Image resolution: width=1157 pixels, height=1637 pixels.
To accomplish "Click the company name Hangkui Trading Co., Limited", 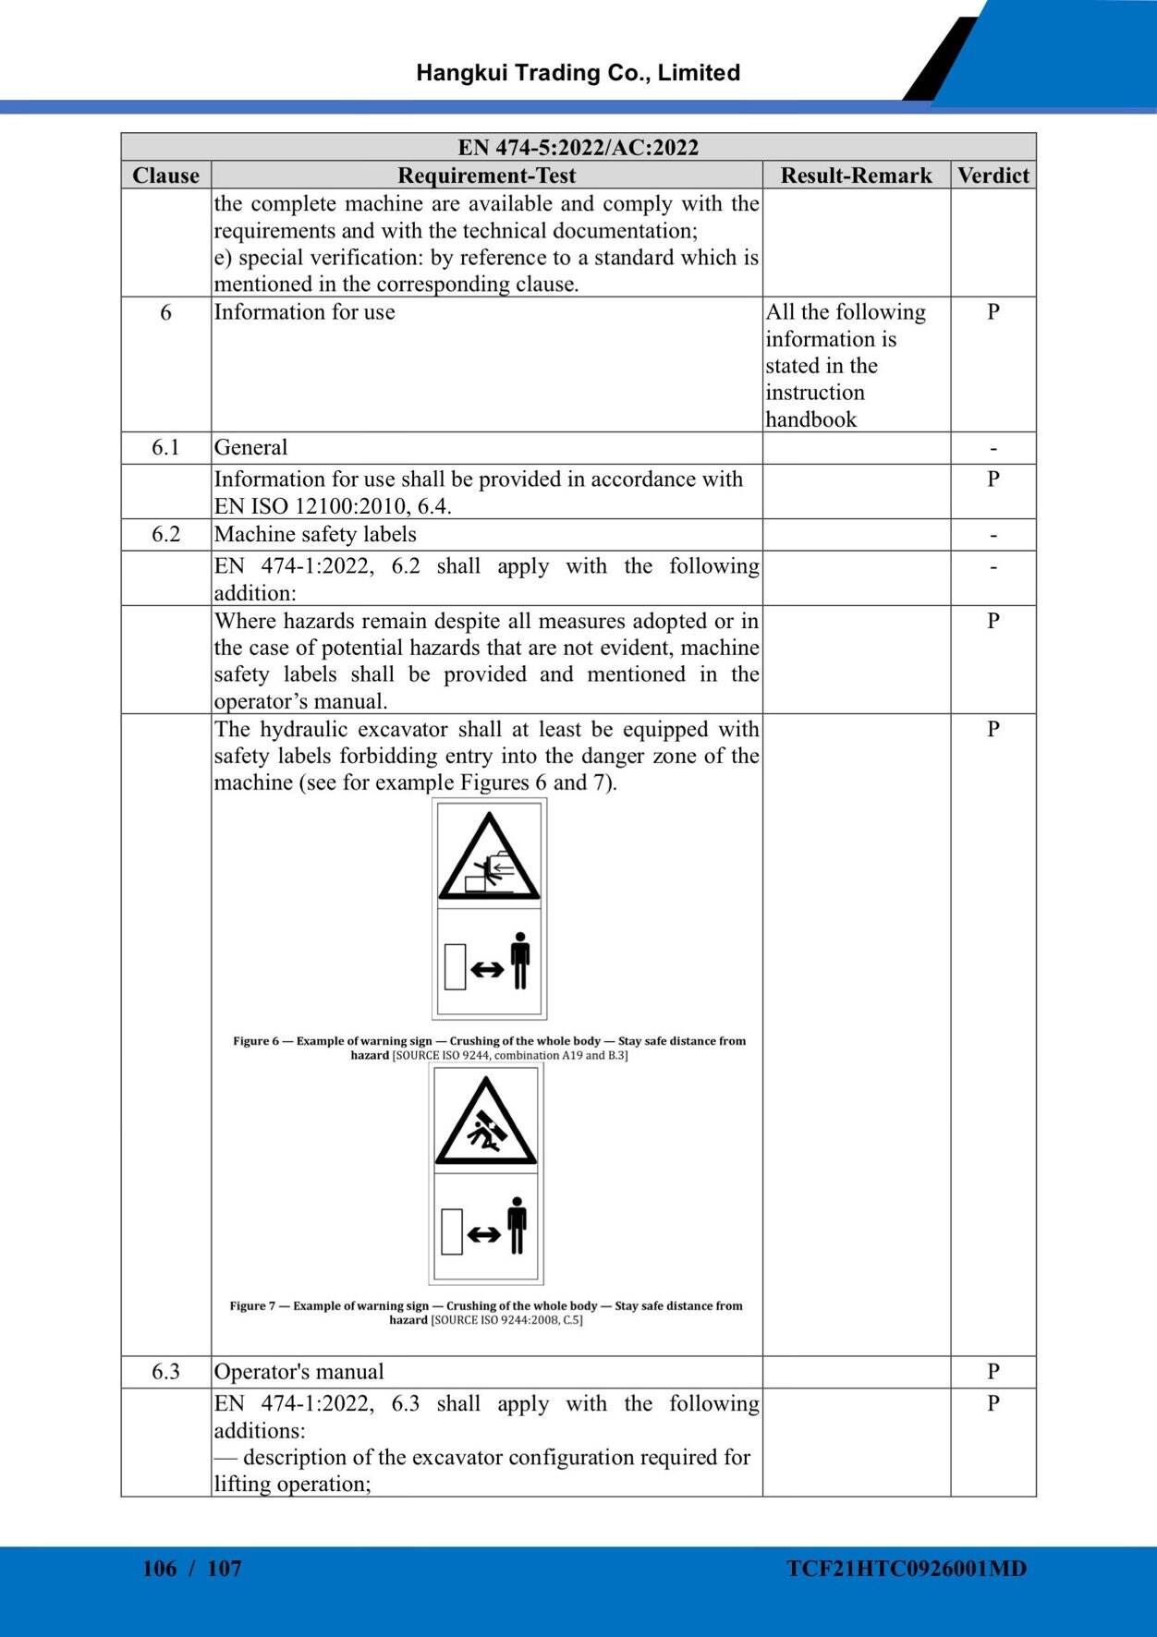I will coord(578,73).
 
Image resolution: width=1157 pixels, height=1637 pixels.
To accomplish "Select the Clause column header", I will coord(165,176).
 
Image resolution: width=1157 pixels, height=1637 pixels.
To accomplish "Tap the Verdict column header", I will coord(993,176).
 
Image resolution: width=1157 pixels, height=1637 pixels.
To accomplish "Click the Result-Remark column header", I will coord(856,176).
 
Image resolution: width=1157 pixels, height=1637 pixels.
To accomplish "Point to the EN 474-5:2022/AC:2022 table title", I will coord(578,148).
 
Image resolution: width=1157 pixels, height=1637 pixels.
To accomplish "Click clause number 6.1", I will coord(165,448).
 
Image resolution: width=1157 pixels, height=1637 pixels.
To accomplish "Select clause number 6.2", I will coord(165,535).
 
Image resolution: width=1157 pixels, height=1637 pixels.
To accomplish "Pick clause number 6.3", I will coord(165,1372).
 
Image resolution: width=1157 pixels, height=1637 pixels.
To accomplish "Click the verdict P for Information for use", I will coord(993,312).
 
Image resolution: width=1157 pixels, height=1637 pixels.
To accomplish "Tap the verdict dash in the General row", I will coord(993,449).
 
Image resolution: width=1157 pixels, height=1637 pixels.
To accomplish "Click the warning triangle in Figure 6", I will coord(489,859).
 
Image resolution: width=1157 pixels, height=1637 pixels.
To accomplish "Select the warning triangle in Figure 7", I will coord(486,1123).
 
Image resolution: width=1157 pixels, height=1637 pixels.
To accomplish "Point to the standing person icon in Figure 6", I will coord(520,961).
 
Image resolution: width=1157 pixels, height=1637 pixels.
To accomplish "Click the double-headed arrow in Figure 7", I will coord(484,1234).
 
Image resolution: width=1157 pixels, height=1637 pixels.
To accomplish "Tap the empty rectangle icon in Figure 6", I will coord(455,966).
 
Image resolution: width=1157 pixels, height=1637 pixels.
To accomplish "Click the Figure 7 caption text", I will coord(486,1313).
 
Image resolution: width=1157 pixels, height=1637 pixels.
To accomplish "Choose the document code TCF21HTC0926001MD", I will coord(907,1569).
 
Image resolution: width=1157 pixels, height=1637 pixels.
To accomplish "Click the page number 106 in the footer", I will coord(160,1569).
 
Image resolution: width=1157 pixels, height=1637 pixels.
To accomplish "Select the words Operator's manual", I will coord(298,1372).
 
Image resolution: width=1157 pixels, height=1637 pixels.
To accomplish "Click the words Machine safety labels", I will coord(315,535).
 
